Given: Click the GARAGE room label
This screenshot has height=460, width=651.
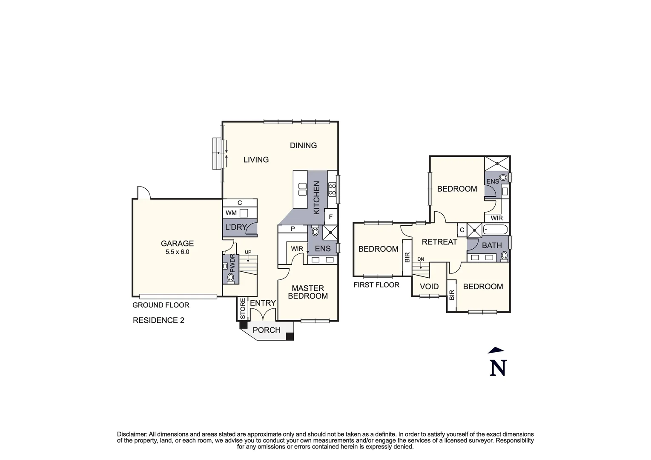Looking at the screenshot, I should coord(177,244).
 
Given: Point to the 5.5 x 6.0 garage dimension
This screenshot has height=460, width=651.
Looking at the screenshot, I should coord(177,252).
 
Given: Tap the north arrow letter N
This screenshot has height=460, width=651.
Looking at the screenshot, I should coord(498,368).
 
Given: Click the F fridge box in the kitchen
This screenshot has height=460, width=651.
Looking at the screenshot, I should coord(330,217).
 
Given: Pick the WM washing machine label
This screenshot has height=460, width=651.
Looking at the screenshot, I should coord(231,213).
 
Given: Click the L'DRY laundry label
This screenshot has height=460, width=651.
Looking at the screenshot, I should coord(236,227).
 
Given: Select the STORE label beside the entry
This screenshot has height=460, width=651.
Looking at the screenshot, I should coord(243,309).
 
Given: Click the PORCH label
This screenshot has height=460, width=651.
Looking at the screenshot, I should coord(267,330).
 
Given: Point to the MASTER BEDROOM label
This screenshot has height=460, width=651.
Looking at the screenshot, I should coord(308,292).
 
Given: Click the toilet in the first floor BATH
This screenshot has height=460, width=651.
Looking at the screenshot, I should coord(505,256).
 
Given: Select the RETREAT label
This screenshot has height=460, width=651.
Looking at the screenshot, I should coord(439,242).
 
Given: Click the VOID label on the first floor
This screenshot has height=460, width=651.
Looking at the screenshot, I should coord(429,287).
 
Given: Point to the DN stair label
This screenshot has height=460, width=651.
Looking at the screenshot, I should coord(421,259).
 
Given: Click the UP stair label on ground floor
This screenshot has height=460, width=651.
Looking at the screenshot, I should coord(248,252).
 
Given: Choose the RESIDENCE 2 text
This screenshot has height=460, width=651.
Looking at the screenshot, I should coord(158,320).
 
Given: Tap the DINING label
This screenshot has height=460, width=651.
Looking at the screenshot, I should coord(303,146).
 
